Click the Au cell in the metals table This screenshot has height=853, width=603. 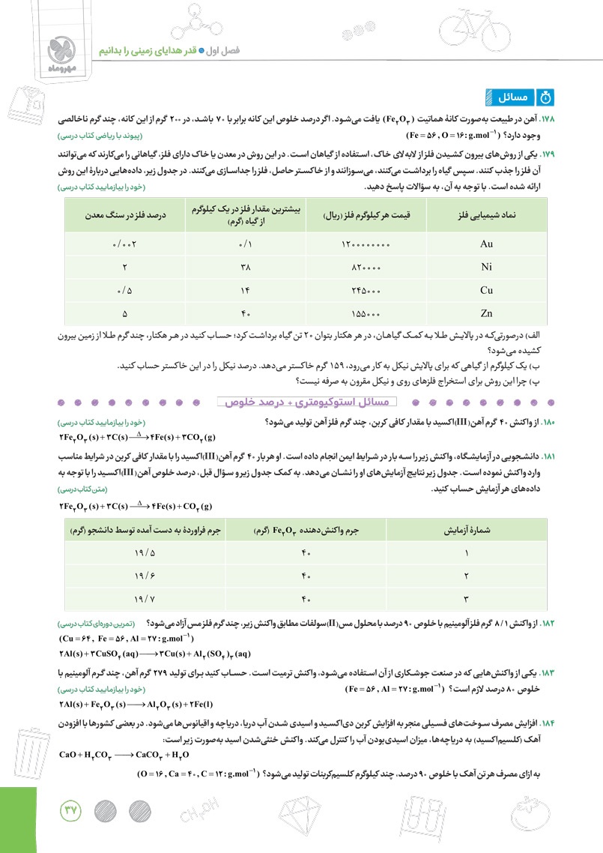click(485, 244)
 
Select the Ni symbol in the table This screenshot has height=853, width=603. click(485, 267)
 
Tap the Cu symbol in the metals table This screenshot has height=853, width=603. click(485, 289)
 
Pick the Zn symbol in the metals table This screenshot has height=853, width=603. click(485, 313)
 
